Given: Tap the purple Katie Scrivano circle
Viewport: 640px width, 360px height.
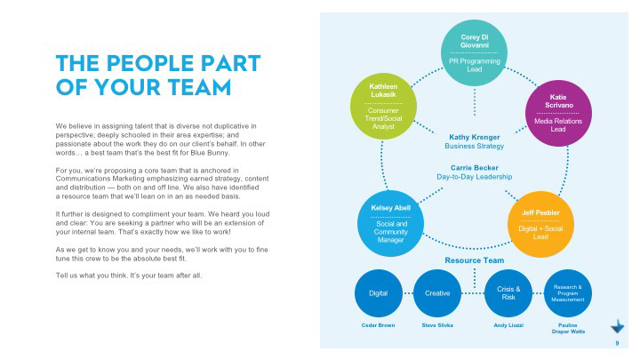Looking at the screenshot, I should (558, 112).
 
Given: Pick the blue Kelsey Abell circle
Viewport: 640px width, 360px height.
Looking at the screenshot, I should (391, 223).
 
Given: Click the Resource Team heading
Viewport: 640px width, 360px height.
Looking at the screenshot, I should (474, 260).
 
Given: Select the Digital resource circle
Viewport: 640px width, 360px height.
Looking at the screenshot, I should (379, 293).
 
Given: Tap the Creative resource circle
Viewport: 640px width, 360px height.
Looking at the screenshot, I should (437, 293).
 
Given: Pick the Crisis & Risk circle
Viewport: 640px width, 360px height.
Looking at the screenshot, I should (508, 293).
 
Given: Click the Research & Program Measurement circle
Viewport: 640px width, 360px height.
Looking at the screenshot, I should (568, 293).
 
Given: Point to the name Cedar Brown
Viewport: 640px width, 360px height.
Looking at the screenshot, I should (379, 326).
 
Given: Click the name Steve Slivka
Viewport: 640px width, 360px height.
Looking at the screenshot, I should (437, 326).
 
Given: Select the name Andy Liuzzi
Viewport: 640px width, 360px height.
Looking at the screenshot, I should (508, 326).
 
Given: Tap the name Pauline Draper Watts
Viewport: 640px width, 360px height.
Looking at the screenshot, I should (568, 330).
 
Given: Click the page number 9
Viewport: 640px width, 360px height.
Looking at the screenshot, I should (617, 343).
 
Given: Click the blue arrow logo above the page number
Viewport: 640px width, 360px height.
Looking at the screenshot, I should (616, 325).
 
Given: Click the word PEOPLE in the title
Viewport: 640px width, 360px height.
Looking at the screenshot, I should (156, 63).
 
